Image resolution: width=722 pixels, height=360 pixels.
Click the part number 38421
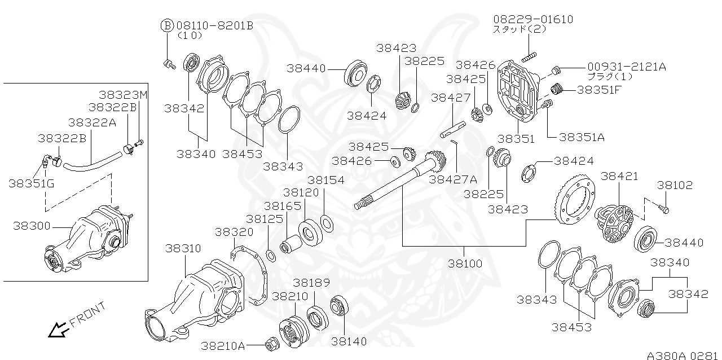[x=619, y=176]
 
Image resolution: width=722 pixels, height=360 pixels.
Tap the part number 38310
[x=183, y=248]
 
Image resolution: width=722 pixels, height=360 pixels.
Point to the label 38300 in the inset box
[x=32, y=226]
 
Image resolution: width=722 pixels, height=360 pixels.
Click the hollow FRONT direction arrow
[x=57, y=329]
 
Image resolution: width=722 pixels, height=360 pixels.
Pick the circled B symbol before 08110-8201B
[x=168, y=25]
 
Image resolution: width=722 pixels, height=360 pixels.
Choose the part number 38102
[x=674, y=186]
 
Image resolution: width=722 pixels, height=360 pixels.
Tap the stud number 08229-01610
[x=533, y=20]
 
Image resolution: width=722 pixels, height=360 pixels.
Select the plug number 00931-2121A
[x=626, y=67]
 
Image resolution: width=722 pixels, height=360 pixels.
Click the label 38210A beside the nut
[x=223, y=345]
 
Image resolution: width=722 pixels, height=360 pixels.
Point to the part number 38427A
[x=453, y=179]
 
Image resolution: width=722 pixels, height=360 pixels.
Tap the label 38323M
[x=123, y=95]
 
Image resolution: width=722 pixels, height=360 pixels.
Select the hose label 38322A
[x=92, y=122]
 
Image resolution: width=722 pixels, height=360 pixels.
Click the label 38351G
[x=32, y=183]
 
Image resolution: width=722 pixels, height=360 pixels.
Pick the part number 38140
[x=349, y=341]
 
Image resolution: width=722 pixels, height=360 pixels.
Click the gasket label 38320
[x=234, y=232]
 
